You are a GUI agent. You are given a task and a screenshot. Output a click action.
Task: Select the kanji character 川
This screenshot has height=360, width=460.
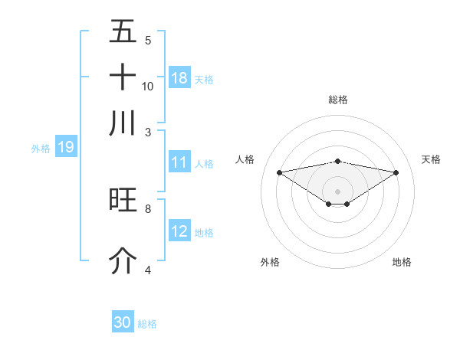click(123, 123)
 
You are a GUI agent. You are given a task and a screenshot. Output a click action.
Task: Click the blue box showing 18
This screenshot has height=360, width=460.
click(179, 78)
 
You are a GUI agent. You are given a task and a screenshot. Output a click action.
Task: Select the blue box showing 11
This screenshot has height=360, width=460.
click(179, 163)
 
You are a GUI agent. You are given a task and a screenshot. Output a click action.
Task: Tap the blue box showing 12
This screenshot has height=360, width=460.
click(179, 231)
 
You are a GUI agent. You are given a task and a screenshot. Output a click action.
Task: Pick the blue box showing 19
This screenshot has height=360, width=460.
click(65, 147)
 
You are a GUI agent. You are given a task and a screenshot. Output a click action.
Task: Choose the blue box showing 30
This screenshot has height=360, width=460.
click(123, 322)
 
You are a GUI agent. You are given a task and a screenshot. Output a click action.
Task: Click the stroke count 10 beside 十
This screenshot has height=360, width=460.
click(148, 86)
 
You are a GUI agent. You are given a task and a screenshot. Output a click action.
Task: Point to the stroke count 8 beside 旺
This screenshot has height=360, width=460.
click(148, 208)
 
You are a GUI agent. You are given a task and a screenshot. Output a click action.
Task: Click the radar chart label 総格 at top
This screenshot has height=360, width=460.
click(338, 100)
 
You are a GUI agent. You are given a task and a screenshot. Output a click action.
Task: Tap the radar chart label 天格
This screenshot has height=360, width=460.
click(431, 159)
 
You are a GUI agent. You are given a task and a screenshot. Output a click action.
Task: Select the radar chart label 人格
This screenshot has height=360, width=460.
click(245, 159)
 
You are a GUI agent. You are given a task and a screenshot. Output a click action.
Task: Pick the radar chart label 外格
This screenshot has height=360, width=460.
click(270, 262)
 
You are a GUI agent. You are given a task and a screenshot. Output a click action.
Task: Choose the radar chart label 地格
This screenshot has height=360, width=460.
click(402, 262)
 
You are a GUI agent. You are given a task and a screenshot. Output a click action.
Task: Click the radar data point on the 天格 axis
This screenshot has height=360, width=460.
click(396, 172)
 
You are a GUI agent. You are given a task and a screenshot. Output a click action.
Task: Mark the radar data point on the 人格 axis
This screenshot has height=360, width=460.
click(279, 172)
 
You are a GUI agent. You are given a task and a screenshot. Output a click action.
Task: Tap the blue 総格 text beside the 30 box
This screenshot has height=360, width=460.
click(147, 324)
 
